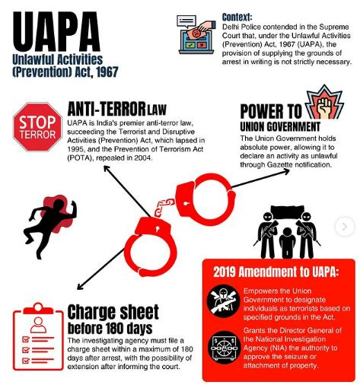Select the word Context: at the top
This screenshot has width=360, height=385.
coord(237,17)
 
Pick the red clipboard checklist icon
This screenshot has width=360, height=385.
coord(34,339)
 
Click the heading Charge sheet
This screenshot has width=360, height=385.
coord(113,312)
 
